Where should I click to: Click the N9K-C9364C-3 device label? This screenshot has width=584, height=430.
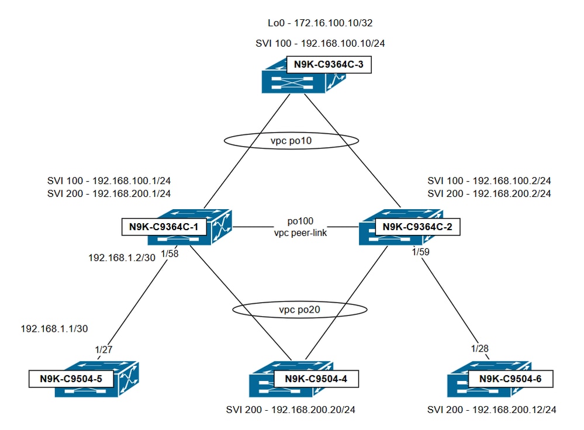click(x=328, y=65)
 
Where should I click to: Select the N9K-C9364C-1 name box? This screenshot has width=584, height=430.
click(x=164, y=227)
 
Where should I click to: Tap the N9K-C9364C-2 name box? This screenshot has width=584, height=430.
click(x=417, y=227)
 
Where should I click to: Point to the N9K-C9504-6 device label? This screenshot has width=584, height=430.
click(x=510, y=379)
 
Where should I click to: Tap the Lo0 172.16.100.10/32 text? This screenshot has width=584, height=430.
click(x=319, y=23)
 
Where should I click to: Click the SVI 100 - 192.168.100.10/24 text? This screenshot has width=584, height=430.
click(x=319, y=43)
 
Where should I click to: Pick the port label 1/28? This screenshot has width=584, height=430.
click(x=480, y=349)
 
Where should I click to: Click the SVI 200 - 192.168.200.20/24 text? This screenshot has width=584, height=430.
click(x=291, y=410)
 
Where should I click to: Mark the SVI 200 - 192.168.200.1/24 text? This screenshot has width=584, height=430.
click(x=109, y=193)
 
